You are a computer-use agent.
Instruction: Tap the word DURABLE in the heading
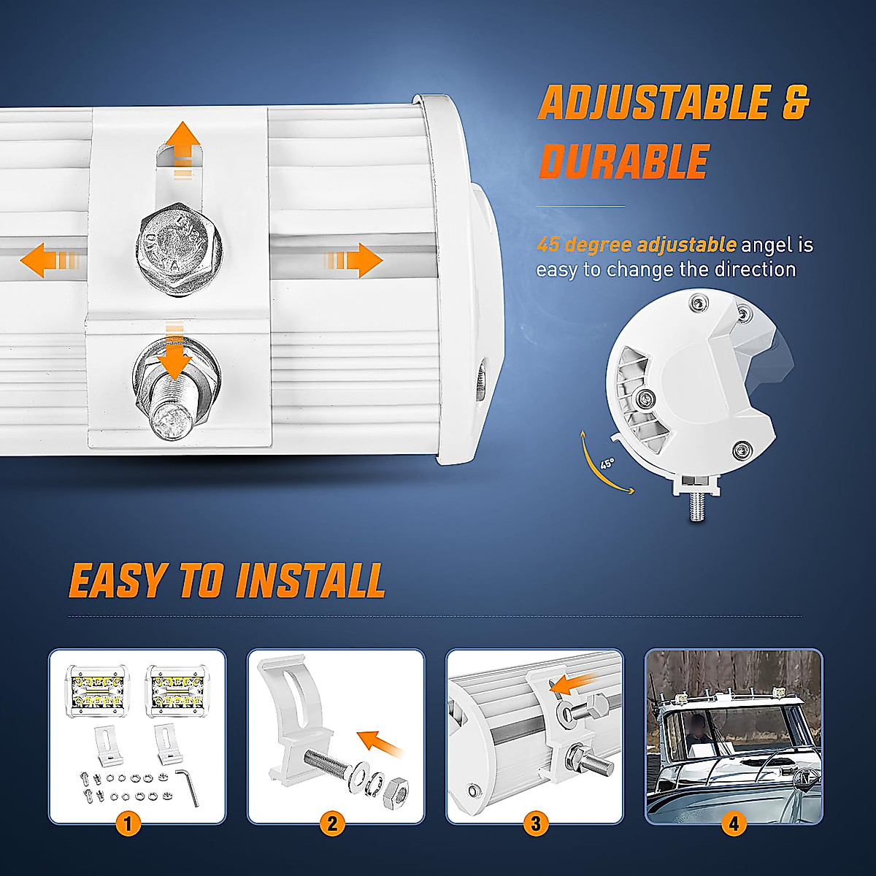pyautogui.click(x=624, y=161)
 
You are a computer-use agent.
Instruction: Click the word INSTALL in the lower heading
pyautogui.click(x=311, y=581)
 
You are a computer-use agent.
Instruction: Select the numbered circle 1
pyautogui.click(x=128, y=825)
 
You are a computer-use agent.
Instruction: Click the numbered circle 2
pyautogui.click(x=332, y=825)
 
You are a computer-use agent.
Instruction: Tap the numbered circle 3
pyautogui.click(x=535, y=825)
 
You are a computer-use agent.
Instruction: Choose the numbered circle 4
pyautogui.click(x=734, y=825)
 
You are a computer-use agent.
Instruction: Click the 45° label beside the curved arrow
pyautogui.click(x=607, y=464)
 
